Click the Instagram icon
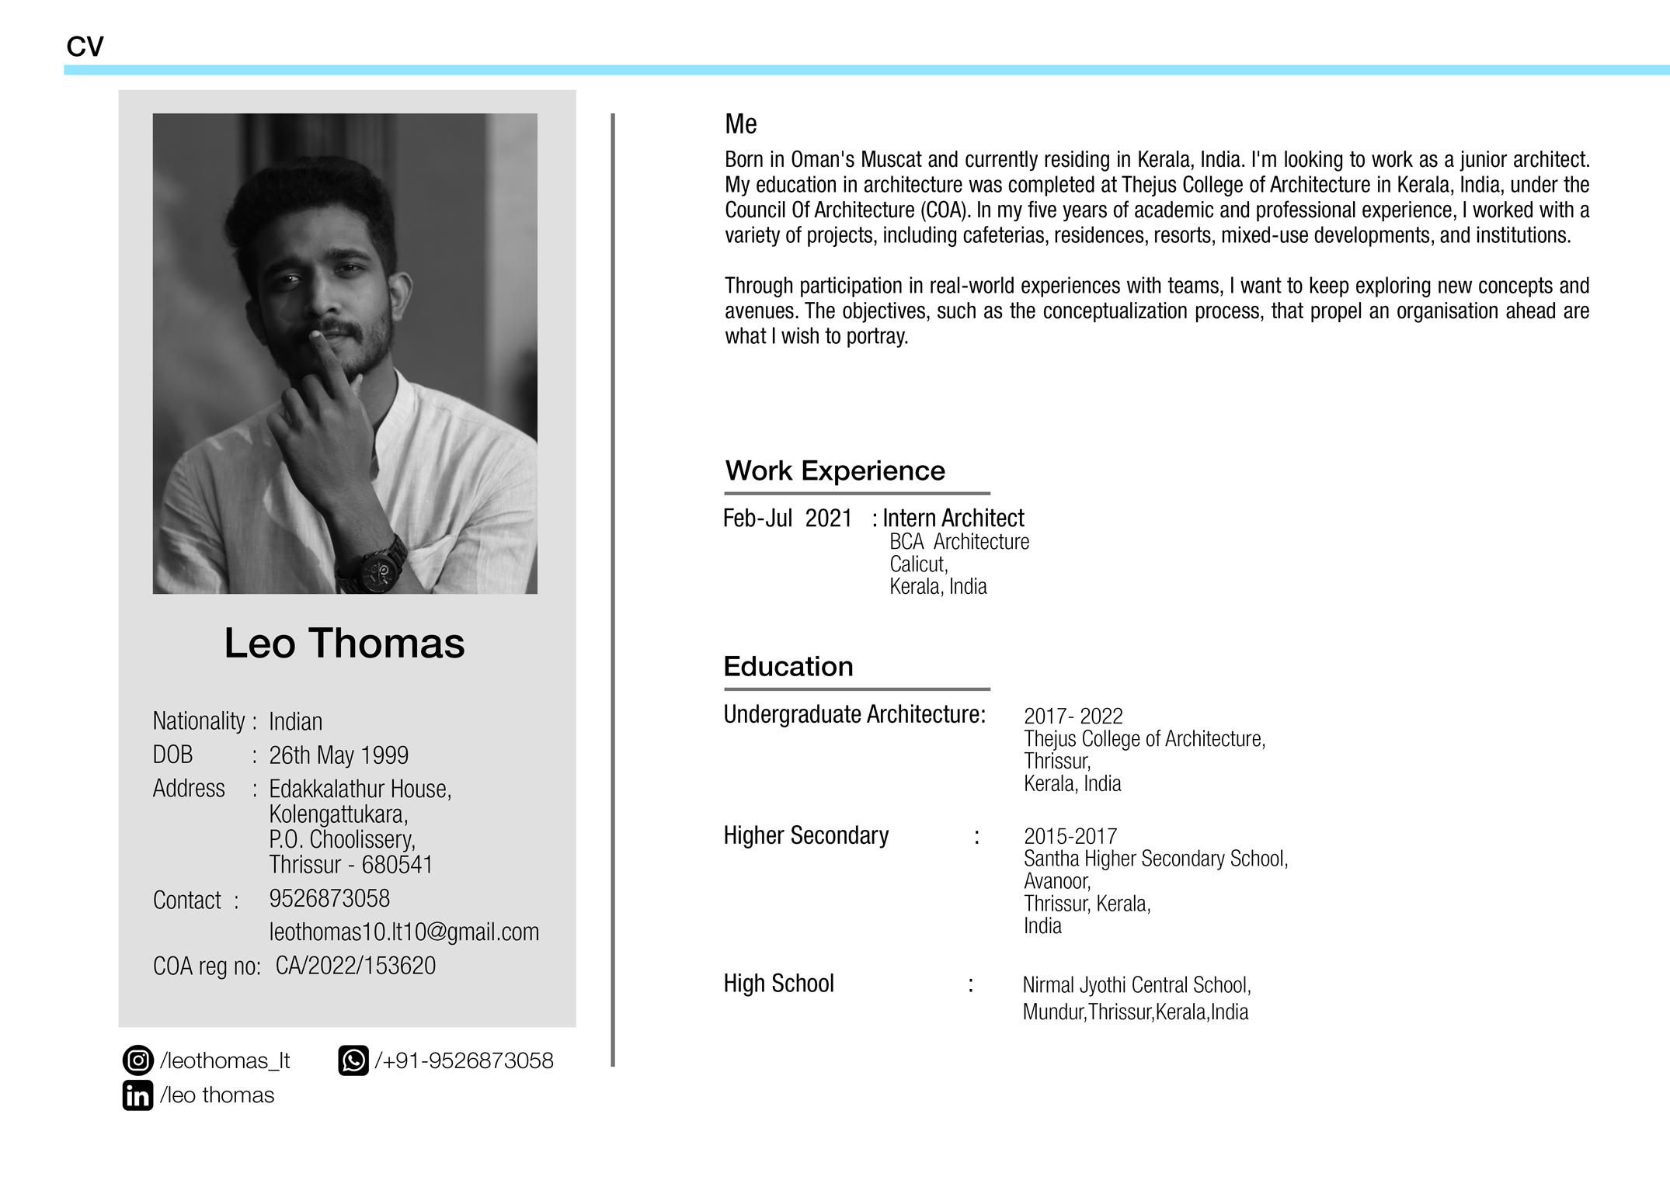[x=137, y=1060]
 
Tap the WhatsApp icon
[x=353, y=1060]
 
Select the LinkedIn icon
[x=137, y=1095]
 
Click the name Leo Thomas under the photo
[x=344, y=644]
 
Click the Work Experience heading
[x=835, y=471]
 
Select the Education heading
[x=788, y=667]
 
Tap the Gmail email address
[x=404, y=932]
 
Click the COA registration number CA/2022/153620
[x=356, y=966]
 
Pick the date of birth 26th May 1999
[x=339, y=755]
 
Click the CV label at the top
[x=85, y=47]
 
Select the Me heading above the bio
[x=740, y=124]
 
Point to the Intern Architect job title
[x=953, y=518]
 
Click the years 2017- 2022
[x=1073, y=716]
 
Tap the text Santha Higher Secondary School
[x=1155, y=859]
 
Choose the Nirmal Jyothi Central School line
[x=1136, y=985]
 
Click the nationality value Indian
[x=295, y=721]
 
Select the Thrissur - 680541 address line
[x=351, y=865]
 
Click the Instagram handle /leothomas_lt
[x=225, y=1060]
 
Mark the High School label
[x=778, y=984]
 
